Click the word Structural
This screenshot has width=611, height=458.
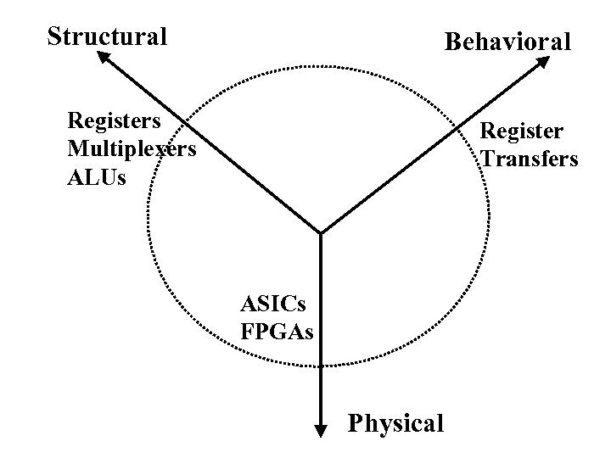coord(107,36)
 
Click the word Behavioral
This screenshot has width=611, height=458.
coord(507,42)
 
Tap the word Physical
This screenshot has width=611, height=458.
coord(395,422)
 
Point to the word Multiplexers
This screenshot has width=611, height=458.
coord(132,149)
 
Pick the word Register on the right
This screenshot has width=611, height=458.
coord(521,131)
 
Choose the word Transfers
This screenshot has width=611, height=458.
coord(530,159)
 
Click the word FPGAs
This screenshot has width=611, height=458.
coord(277,331)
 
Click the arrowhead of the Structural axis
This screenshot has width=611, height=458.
coord(102,56)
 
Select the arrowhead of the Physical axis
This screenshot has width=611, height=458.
coord(321,432)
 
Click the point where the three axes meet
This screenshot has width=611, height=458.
coord(321,232)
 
